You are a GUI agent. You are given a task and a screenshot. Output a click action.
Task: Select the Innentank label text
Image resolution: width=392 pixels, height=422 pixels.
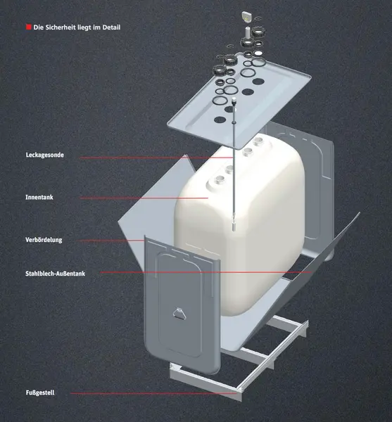coord(39,198)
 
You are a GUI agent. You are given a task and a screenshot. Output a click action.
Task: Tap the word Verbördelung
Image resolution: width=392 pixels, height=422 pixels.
coord(44,240)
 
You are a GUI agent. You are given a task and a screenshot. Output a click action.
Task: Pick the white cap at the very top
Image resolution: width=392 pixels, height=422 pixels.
coord(248,15)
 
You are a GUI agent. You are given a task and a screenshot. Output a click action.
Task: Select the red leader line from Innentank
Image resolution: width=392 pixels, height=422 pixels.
coord(141,198)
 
